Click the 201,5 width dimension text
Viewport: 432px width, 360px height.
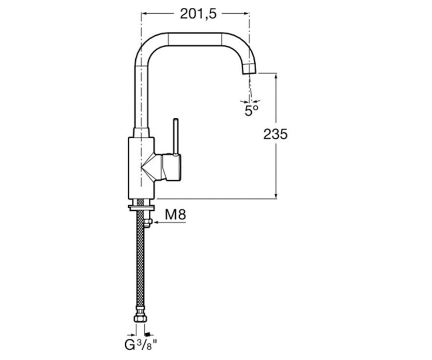click(x=198, y=14)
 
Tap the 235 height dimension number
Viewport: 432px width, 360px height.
click(x=275, y=134)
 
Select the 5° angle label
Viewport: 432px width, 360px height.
click(x=251, y=111)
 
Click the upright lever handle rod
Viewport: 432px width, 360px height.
click(x=176, y=136)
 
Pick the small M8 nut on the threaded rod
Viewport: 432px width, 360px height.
click(x=148, y=223)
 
